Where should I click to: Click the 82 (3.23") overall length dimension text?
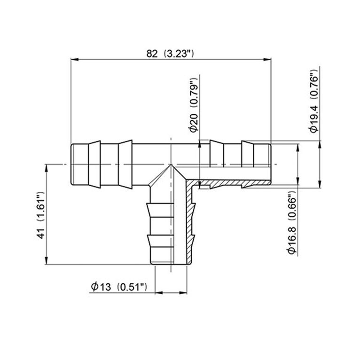pos(170,53)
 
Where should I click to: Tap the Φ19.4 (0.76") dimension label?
pos(314,101)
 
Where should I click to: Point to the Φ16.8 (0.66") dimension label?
pos(292,223)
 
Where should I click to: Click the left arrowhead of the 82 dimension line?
pos(74,59)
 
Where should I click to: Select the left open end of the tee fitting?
pos(71,164)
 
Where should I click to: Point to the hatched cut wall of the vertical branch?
pos(190,226)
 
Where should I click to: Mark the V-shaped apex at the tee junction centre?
pos(171,166)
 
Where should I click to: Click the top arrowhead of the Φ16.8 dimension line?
pos(297,147)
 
